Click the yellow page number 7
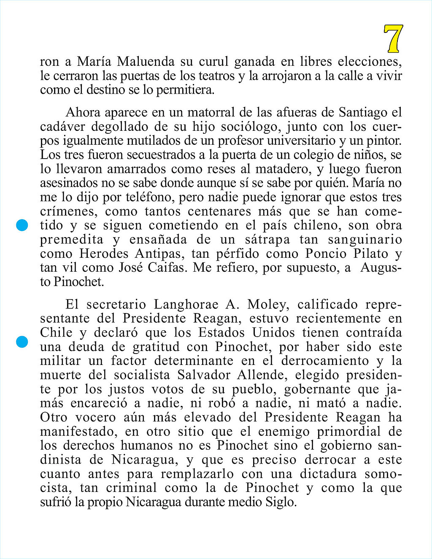coord(393,38)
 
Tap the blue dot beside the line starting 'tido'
coord(22,225)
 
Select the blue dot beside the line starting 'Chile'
coord(22,342)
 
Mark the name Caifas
coord(167,268)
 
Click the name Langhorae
coord(186,305)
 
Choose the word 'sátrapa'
coord(267,240)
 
